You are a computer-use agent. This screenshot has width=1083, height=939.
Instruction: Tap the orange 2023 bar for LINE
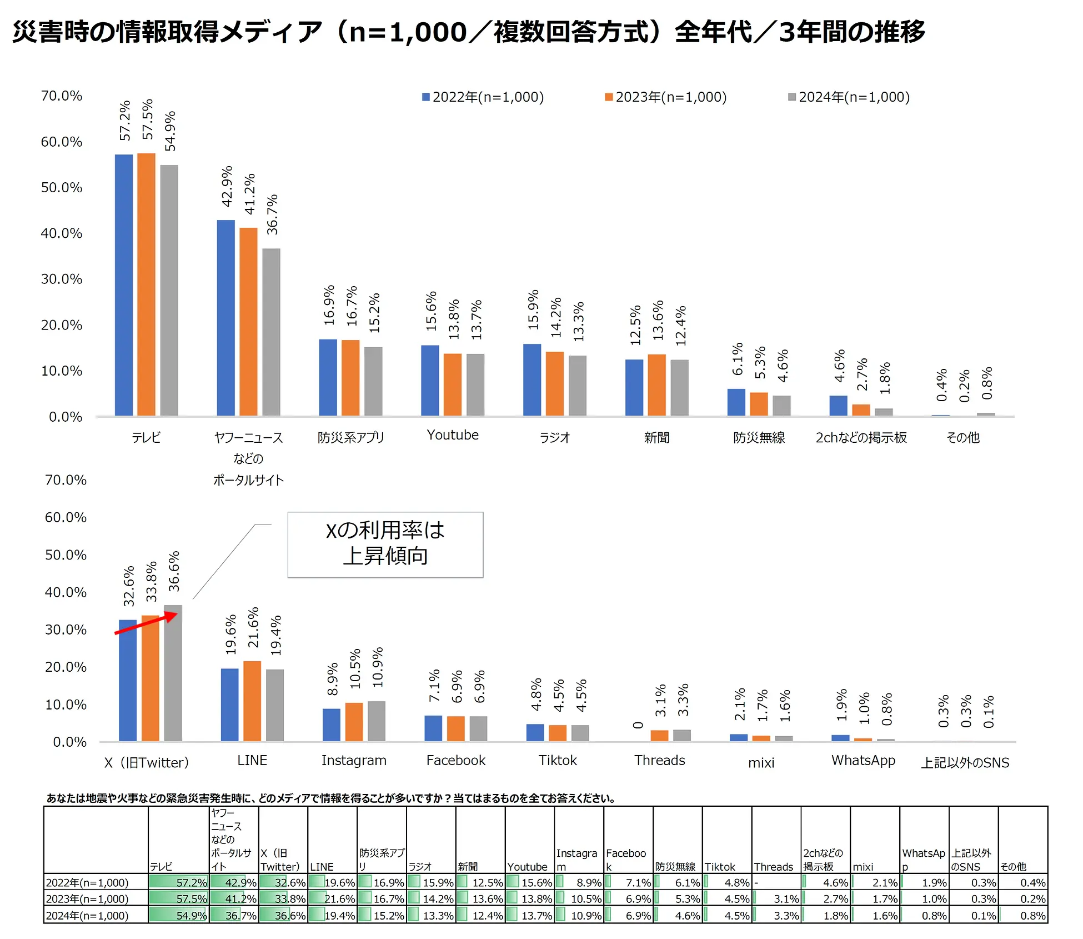click(x=252, y=701)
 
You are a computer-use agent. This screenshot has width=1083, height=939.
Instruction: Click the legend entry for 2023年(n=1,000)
click(x=666, y=97)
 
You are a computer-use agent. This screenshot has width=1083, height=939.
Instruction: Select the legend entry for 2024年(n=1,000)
click(x=849, y=97)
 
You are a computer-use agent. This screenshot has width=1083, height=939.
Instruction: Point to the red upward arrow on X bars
click(x=146, y=623)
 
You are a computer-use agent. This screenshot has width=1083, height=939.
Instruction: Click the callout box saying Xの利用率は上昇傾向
click(x=385, y=545)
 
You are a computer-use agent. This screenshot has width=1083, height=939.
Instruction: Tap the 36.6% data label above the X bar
click(x=174, y=571)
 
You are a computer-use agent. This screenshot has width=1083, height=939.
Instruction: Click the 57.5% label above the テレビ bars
click(x=147, y=119)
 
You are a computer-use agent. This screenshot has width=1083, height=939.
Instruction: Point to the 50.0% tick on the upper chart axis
click(x=61, y=188)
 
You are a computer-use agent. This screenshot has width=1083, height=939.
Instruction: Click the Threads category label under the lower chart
click(x=659, y=760)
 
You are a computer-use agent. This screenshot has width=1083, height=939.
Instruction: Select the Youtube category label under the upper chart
click(x=453, y=435)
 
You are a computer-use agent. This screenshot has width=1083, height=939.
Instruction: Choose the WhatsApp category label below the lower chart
click(x=863, y=760)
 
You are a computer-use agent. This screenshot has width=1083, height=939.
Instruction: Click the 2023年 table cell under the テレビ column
click(x=178, y=898)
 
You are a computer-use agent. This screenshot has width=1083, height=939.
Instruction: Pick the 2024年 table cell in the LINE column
click(x=332, y=915)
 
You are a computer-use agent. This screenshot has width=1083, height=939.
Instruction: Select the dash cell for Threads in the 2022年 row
click(x=776, y=882)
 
